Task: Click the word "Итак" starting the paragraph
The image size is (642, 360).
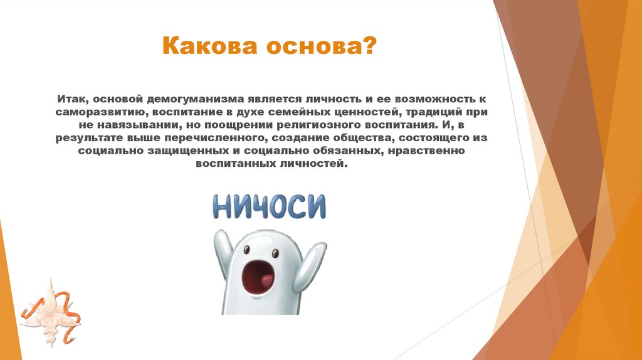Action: [x=73, y=100]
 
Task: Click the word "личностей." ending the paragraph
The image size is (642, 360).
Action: [x=314, y=163]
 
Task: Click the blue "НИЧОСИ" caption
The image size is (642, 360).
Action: [x=269, y=206]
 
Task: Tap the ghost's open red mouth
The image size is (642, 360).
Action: [x=259, y=278]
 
